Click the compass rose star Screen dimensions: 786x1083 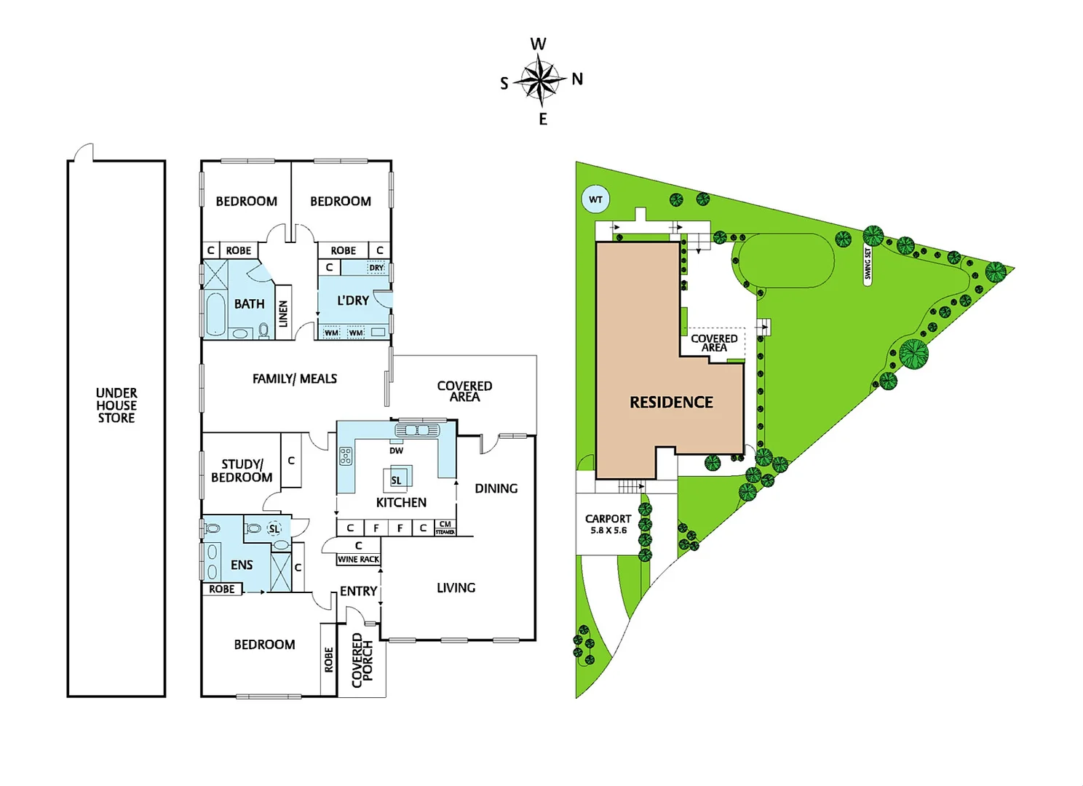click(540, 80)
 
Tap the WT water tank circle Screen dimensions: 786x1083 click(595, 199)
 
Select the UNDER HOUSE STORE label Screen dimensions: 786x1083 click(116, 405)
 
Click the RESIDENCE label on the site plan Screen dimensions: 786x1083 click(671, 402)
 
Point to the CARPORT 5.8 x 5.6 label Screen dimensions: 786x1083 click(608, 524)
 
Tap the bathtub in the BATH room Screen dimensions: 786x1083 click(215, 314)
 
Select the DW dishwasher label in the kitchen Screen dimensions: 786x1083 click(396, 450)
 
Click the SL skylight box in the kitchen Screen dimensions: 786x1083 click(397, 480)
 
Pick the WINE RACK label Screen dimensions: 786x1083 click(358, 560)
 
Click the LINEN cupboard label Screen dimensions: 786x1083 click(284, 314)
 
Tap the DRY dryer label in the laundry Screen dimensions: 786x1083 click(376, 268)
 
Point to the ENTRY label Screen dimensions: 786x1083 click(359, 591)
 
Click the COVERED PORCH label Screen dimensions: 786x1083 click(362, 659)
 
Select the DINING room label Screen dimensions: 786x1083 click(496, 488)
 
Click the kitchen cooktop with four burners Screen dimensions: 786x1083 click(346, 456)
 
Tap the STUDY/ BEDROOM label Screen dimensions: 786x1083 click(242, 471)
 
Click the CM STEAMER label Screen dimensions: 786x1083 click(445, 528)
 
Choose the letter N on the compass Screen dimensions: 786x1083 click(577, 79)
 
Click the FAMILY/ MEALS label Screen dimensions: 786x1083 click(295, 378)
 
